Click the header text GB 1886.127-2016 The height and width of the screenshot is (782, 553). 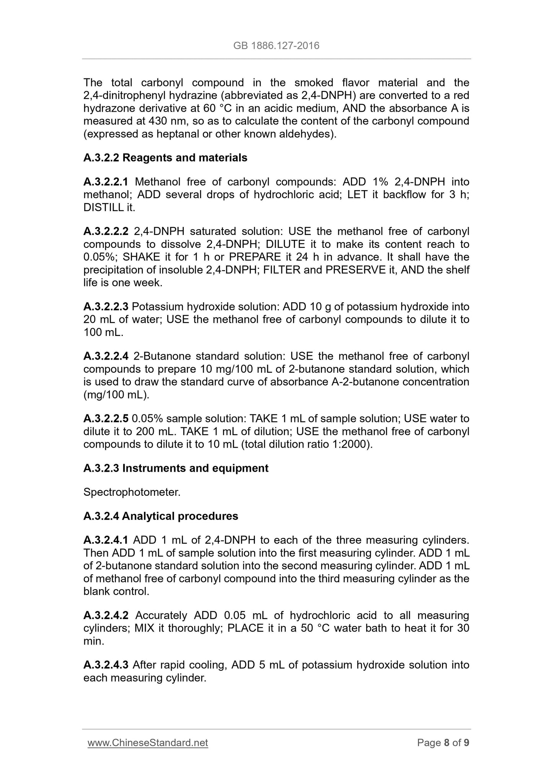(276, 46)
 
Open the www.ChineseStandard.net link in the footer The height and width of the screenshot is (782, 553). (148, 743)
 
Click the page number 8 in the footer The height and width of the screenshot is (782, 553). (446, 743)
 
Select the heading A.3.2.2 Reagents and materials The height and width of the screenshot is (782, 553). (165, 158)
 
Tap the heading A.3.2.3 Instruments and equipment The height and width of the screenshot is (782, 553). (176, 468)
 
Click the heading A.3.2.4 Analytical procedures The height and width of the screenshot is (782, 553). (161, 516)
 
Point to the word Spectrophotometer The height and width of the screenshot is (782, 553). (132, 492)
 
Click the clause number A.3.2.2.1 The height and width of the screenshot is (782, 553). (106, 182)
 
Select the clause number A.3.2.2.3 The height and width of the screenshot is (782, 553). (106, 307)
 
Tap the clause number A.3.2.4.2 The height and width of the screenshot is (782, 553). (106, 615)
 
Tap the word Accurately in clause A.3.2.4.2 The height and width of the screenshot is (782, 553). (161, 615)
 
